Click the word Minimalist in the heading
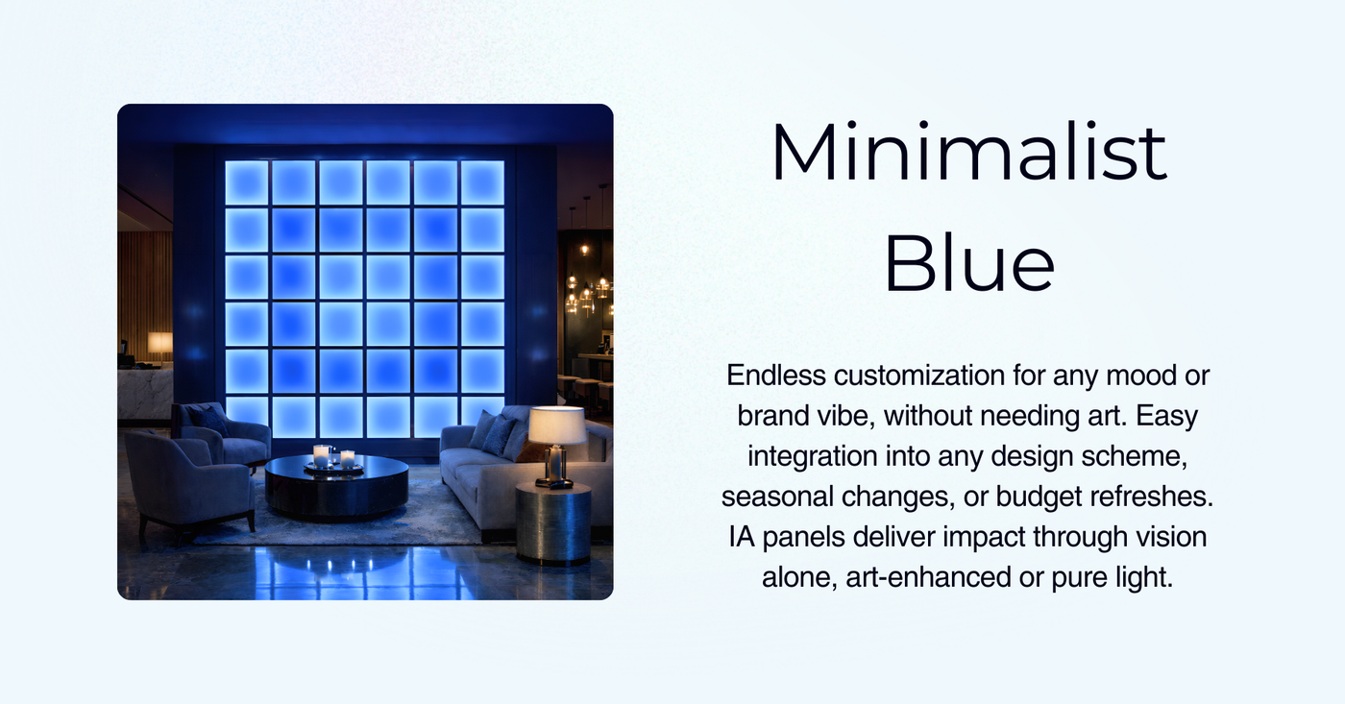(x=968, y=154)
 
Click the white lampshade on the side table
(x=558, y=425)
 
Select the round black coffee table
(x=336, y=485)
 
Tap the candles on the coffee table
(x=333, y=457)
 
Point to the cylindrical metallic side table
(x=553, y=523)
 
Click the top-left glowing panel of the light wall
(x=247, y=182)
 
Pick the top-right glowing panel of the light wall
(x=482, y=182)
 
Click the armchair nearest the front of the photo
(x=188, y=480)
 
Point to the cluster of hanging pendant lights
(x=586, y=288)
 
